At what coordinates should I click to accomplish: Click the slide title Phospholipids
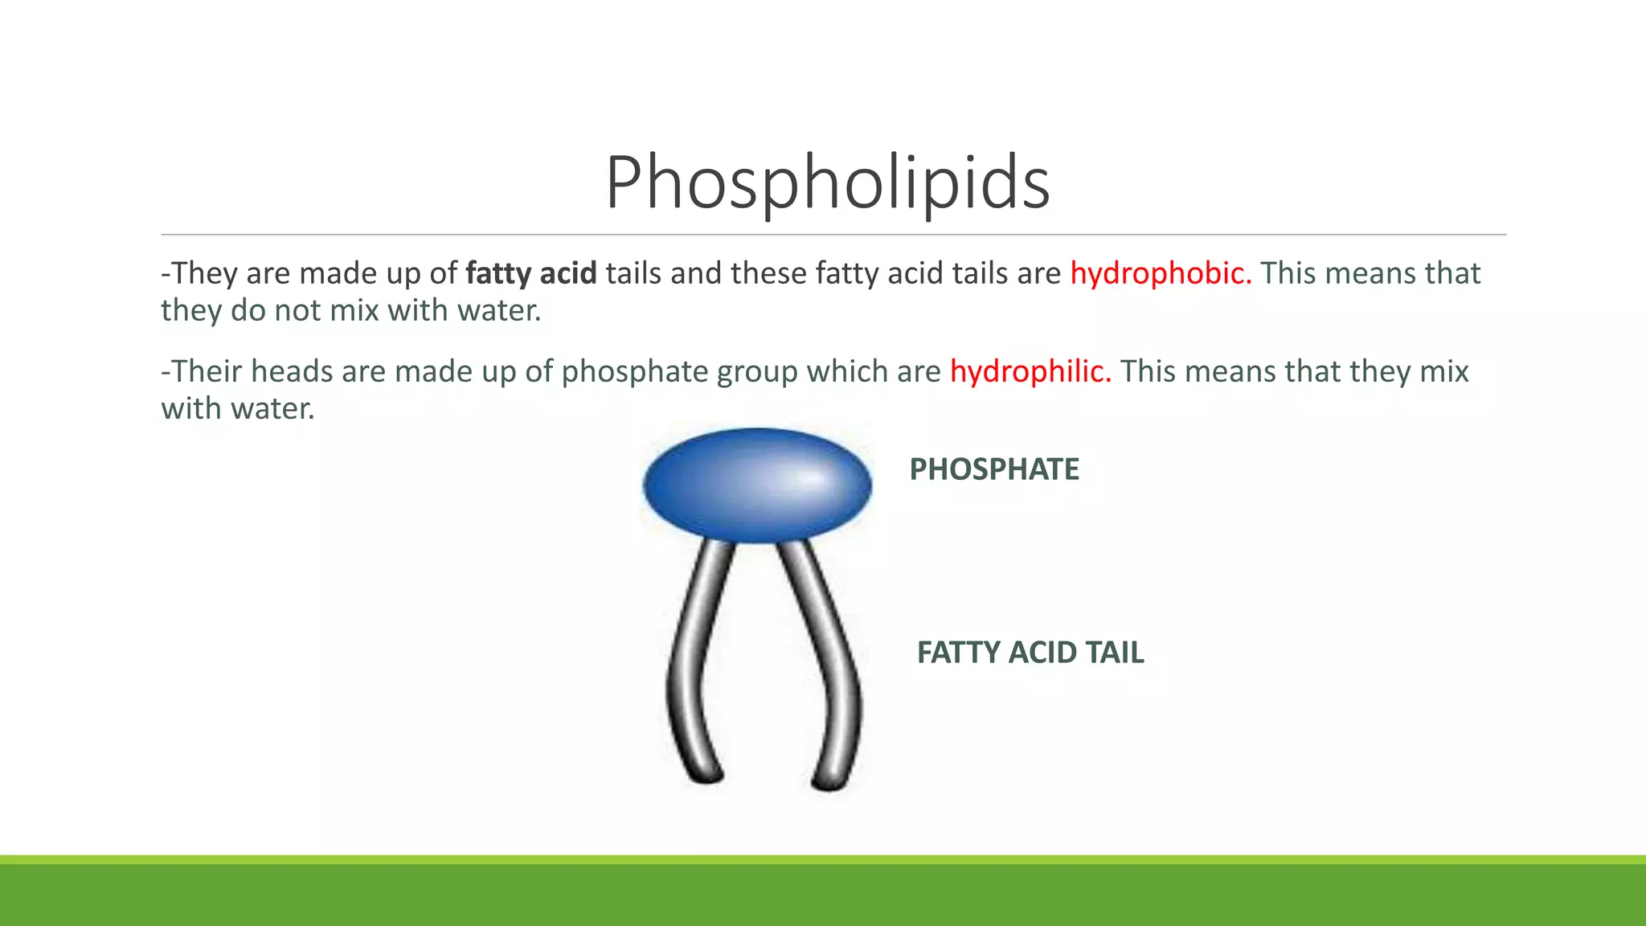(827, 183)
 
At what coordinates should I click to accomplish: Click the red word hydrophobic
(1160, 274)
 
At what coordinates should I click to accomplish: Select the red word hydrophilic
(1030, 372)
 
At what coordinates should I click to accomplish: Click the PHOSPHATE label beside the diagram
(994, 469)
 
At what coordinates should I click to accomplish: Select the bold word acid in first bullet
(568, 274)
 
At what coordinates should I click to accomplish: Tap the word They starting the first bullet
(204, 274)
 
